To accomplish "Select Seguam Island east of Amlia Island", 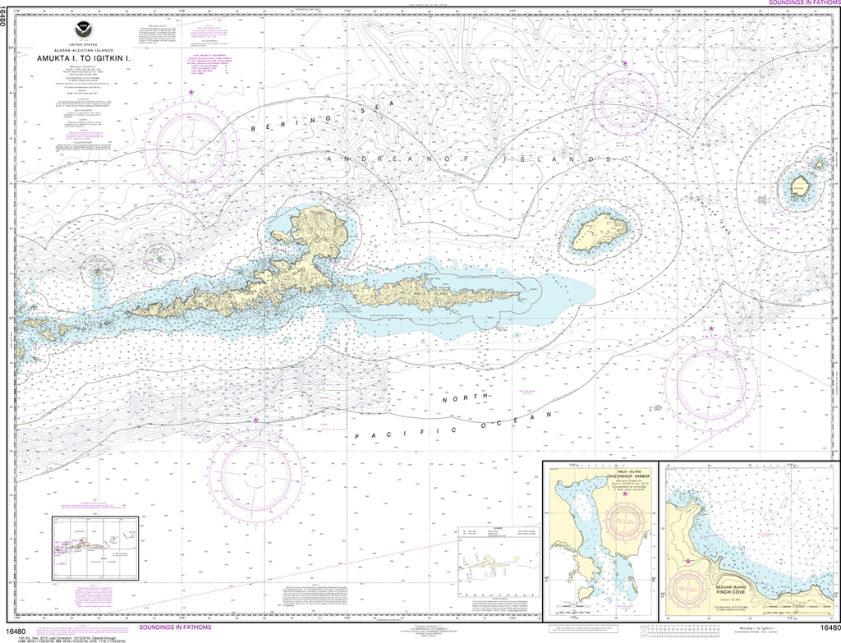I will point(599,232).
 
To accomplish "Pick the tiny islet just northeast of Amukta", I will point(819,163).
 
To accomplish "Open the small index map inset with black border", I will point(94,548).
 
